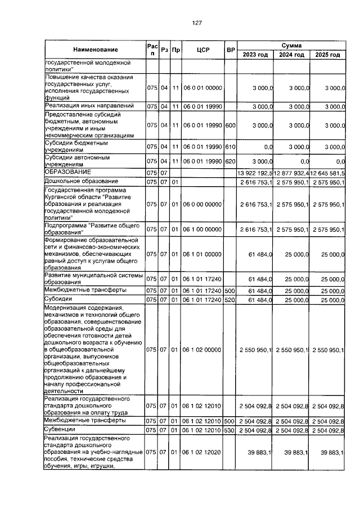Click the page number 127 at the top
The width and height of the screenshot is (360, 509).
196,23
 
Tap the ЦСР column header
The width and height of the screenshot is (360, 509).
203,49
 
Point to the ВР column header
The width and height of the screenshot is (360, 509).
230,49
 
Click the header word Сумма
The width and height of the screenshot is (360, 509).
292,44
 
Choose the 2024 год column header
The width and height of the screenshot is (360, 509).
292,55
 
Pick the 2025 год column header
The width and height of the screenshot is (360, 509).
327,55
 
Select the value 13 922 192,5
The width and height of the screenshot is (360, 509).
255,172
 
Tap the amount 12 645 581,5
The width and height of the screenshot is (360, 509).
328,172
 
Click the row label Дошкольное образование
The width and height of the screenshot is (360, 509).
82,181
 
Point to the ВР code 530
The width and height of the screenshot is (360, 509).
229,430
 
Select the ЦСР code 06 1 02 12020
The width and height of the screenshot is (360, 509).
203,452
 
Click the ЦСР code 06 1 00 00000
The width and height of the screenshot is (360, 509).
203,229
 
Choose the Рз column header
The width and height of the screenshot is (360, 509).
164,49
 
